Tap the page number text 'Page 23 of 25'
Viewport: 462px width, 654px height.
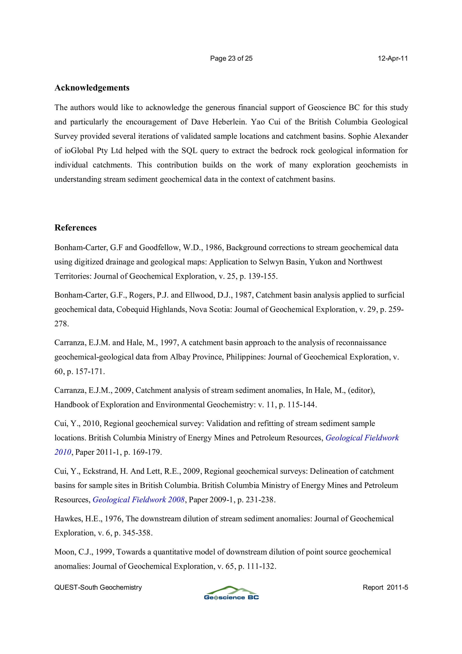pos(231,58)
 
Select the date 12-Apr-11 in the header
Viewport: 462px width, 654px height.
pos(393,58)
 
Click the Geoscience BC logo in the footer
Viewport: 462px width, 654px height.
pos(231,593)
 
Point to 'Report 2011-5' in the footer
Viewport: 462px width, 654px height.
pos(385,587)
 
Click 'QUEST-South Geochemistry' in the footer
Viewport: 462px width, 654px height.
pos(98,587)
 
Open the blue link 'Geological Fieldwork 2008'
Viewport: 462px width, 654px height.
pos(139,500)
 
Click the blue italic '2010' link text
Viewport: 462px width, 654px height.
pos(63,452)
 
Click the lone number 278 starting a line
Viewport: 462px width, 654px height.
pos(61,324)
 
